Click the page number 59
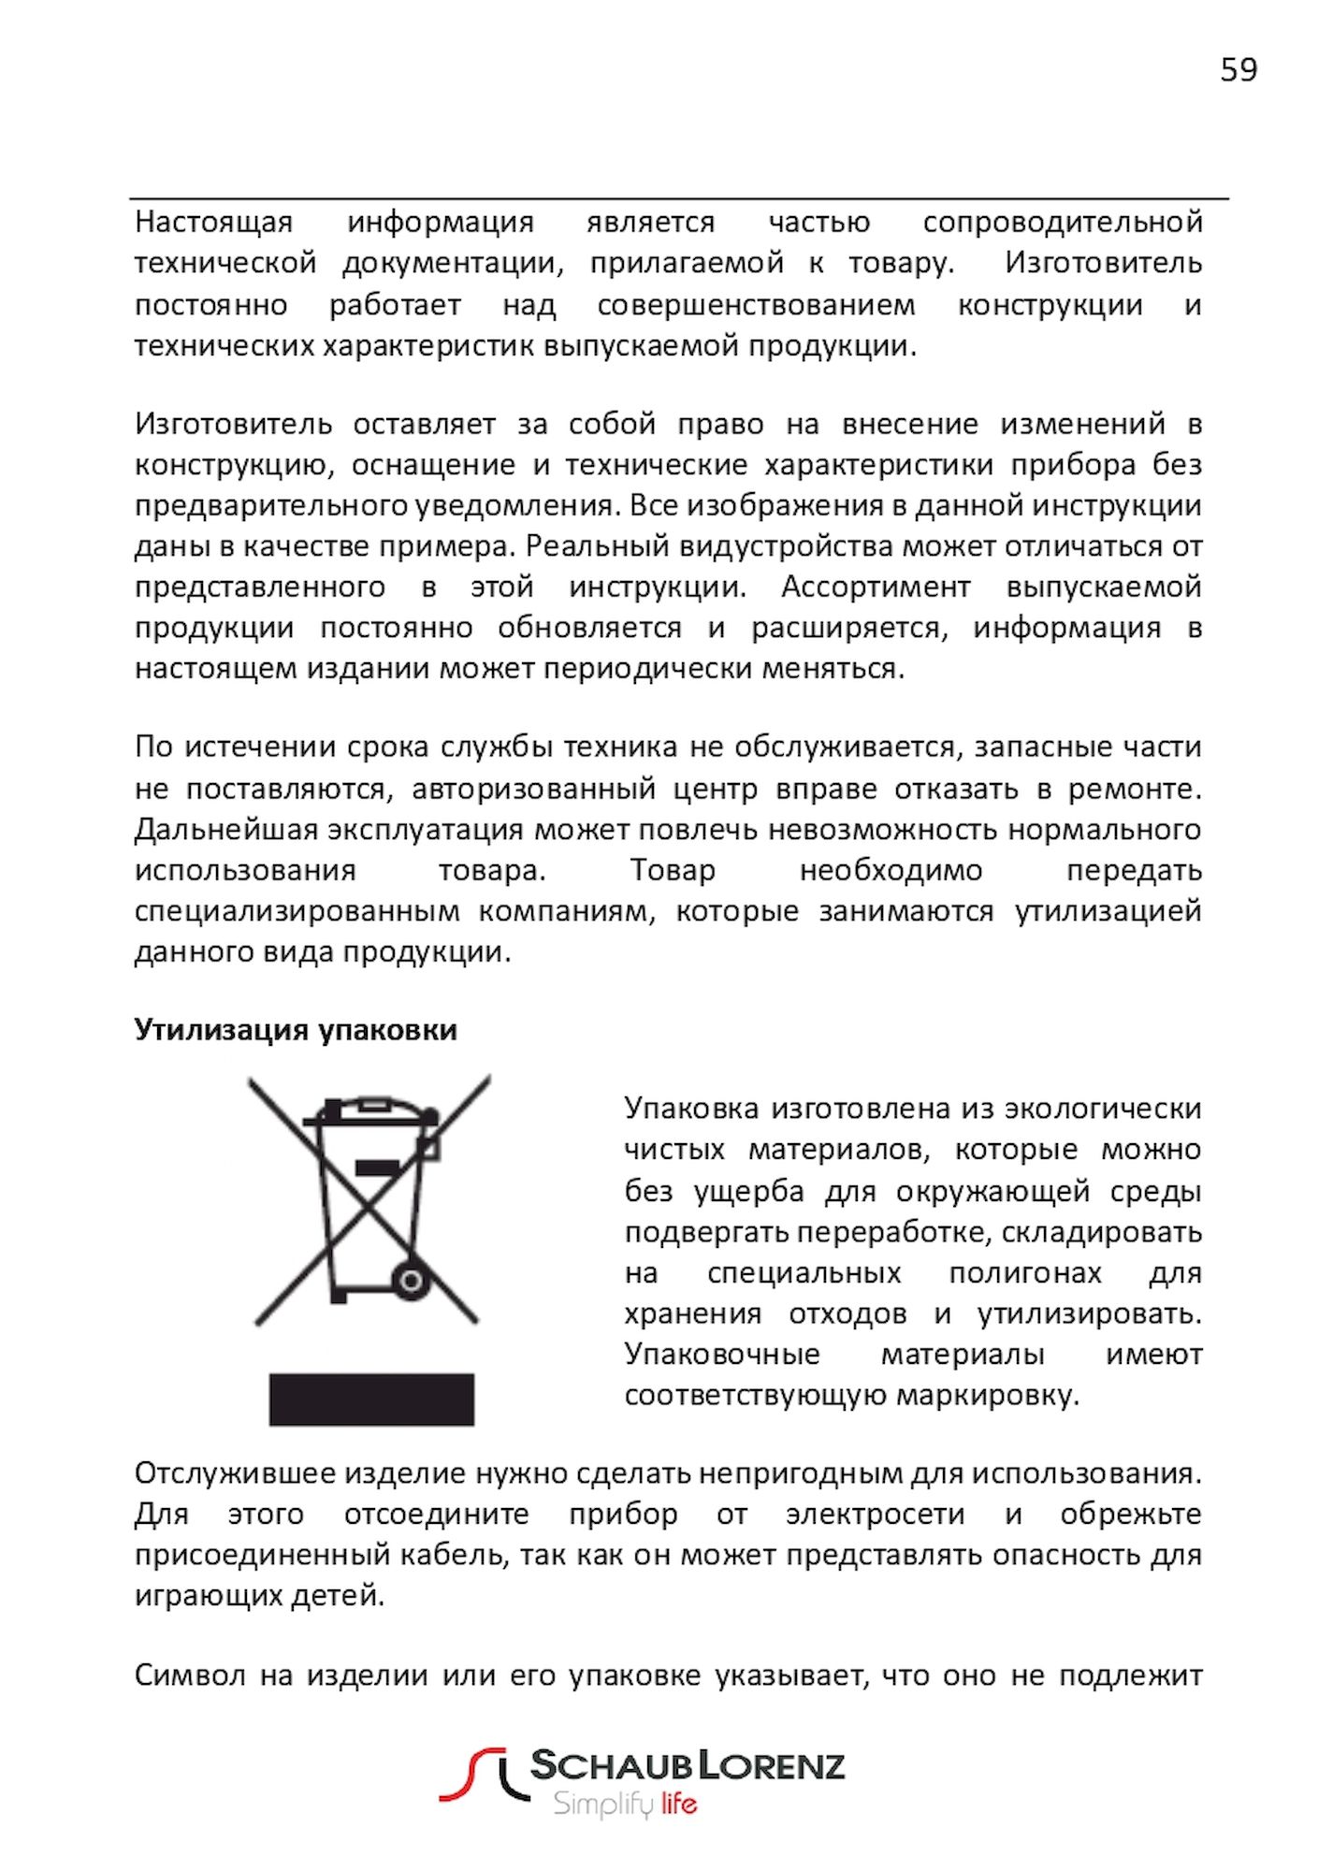[1238, 70]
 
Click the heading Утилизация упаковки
[296, 1030]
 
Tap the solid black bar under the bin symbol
[371, 1400]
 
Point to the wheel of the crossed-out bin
[411, 1281]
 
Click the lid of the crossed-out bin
[370, 1113]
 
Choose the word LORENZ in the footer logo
[773, 1765]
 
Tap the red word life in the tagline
[679, 1804]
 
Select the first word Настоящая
[213, 223]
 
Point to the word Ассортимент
[876, 587]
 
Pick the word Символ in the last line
[190, 1675]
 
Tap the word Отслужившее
[235, 1473]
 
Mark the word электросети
[875, 1515]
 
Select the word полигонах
[1025, 1273]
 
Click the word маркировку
[988, 1396]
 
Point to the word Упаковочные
[722, 1355]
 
